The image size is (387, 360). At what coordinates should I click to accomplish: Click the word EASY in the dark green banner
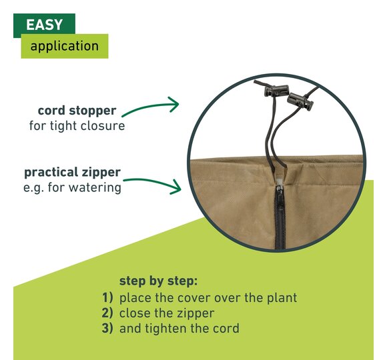pos(44,25)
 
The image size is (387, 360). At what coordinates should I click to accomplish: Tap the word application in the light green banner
pos(65,46)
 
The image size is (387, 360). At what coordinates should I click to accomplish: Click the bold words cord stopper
pos(77,111)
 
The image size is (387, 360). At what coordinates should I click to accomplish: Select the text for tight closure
pos(77,125)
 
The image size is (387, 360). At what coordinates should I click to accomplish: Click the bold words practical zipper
pos(72,173)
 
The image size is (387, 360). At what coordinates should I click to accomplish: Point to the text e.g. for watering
pos(72,187)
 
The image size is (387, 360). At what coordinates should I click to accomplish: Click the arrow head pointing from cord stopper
pos(174,104)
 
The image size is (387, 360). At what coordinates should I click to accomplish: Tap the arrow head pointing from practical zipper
pos(175,187)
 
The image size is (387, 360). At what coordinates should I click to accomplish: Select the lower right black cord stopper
pos(300,101)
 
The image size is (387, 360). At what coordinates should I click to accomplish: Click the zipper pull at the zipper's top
pos(279,182)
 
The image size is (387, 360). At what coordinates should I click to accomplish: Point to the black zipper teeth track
pos(280,217)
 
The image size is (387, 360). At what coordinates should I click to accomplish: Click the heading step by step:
pos(158,281)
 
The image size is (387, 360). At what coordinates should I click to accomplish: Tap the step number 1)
pos(107,297)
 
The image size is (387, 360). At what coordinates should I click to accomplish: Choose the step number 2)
pos(107,313)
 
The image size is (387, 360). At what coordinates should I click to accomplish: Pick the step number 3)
pos(107,328)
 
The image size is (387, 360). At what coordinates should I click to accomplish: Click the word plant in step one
pos(282,298)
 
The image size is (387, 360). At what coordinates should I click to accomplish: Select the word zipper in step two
pos(197,314)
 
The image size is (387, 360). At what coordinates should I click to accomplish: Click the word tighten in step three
pos(166,329)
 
